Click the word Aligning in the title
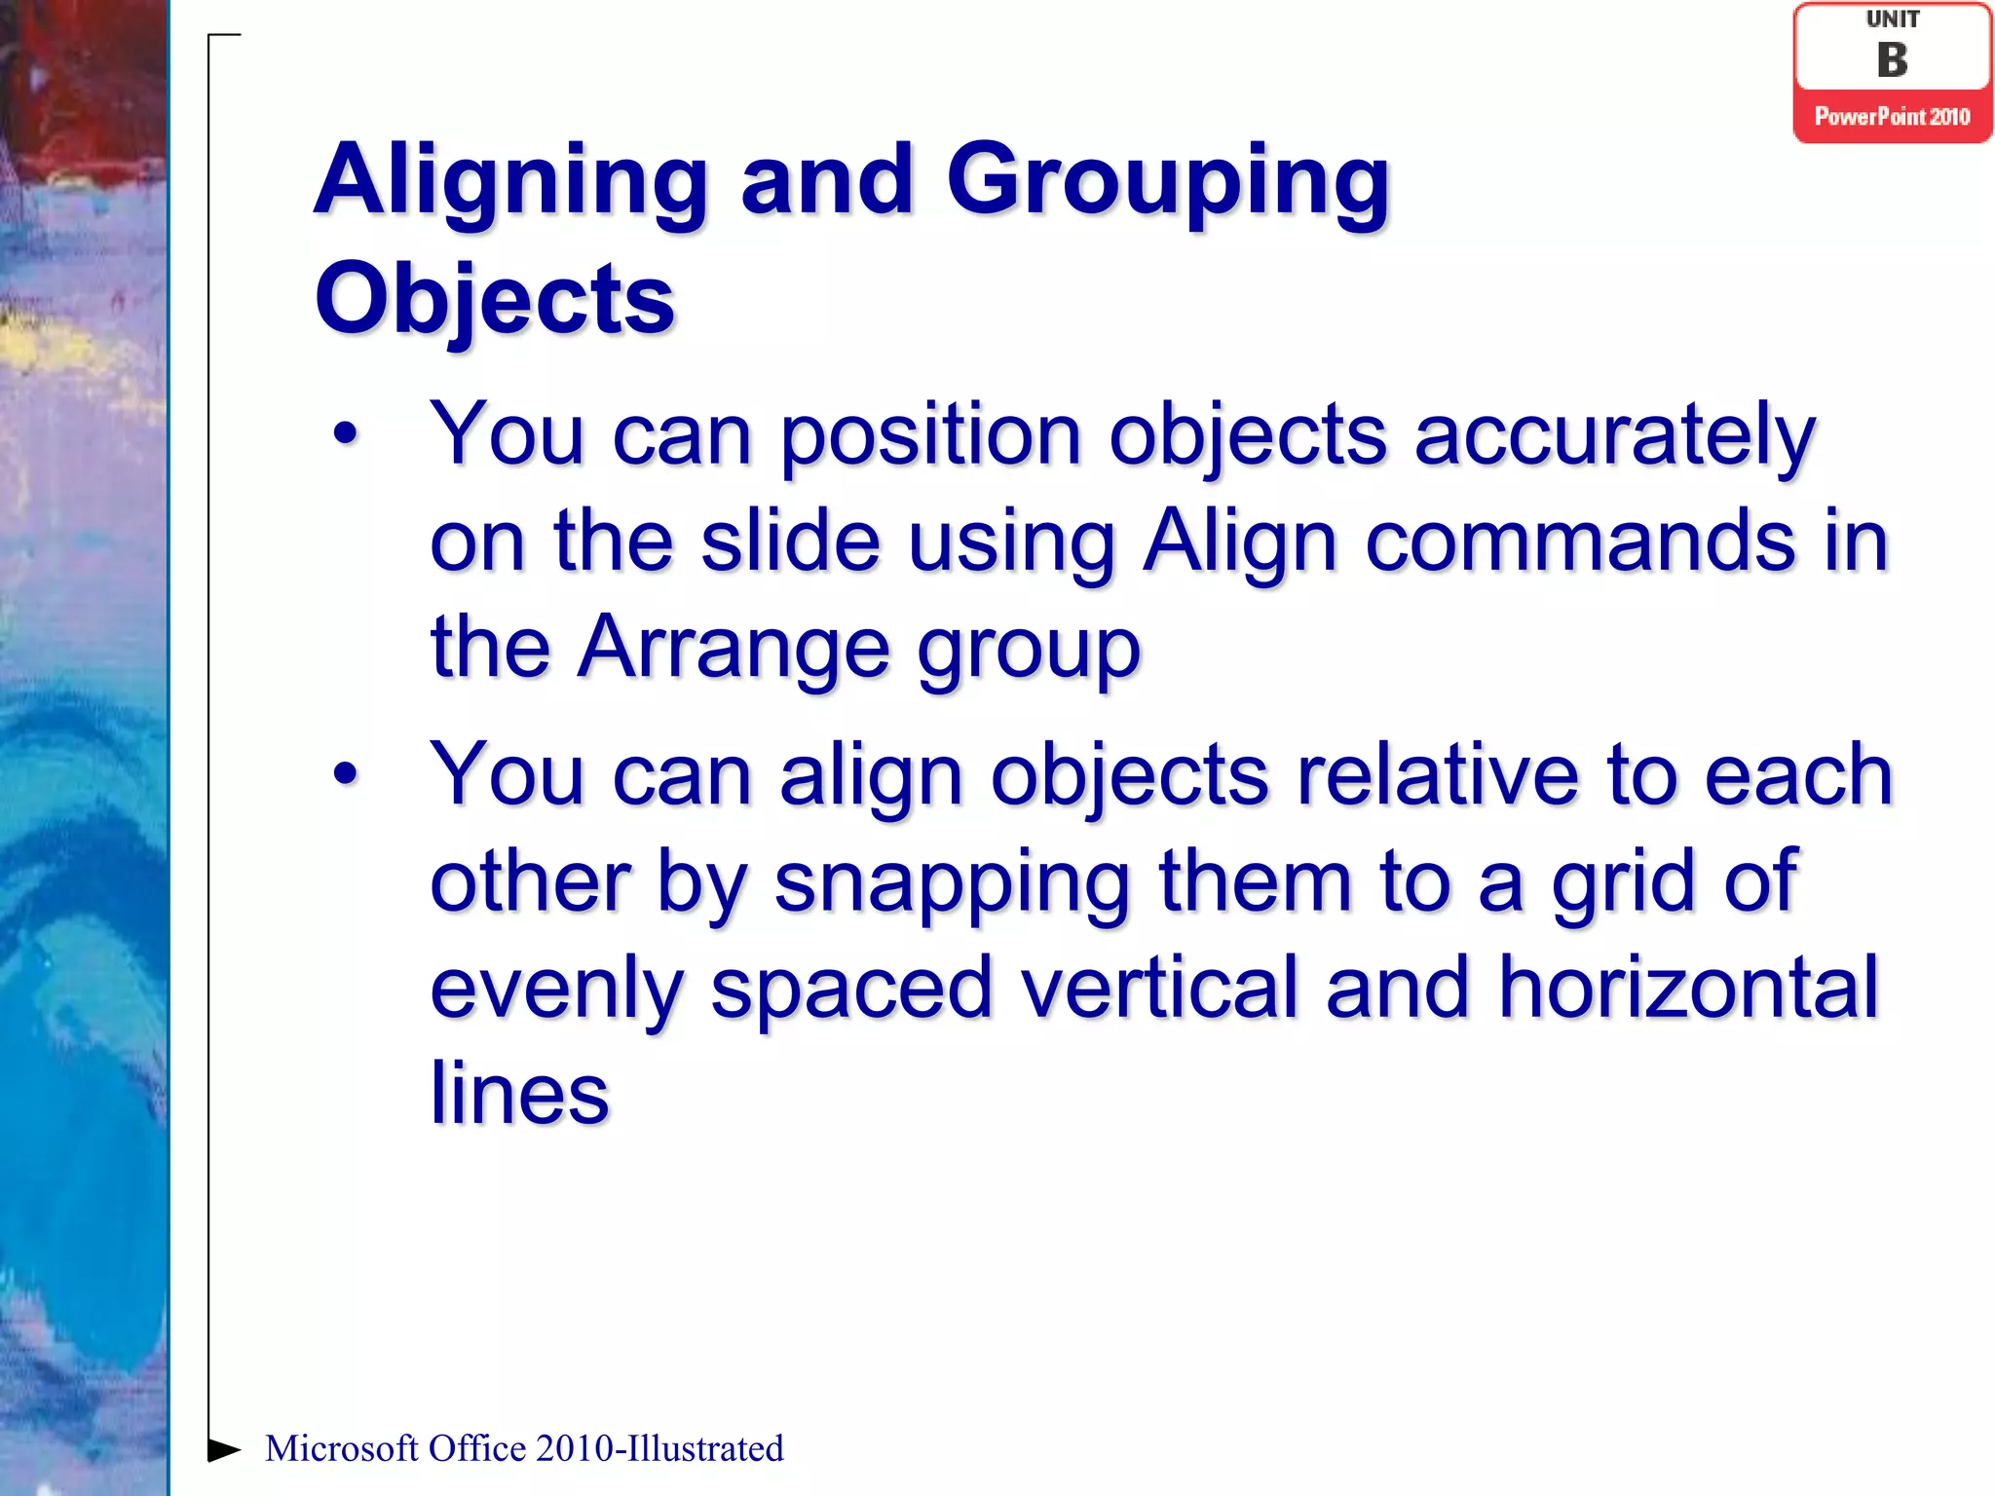[510, 183]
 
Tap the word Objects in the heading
[494, 299]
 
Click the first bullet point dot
[345, 434]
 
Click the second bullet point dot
[345, 774]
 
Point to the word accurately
[1614, 436]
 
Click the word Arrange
[733, 648]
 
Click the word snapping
[951, 882]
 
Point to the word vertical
[1159, 988]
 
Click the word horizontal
[1687, 988]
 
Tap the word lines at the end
[519, 1094]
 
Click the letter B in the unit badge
[1892, 60]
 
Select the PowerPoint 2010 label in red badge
[1892, 117]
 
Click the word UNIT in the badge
[1892, 19]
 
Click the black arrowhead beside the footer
[223, 1449]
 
